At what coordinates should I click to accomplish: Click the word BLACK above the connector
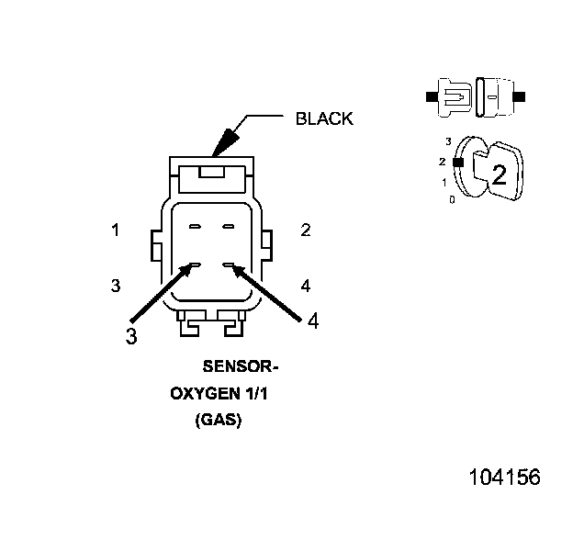coord(323,119)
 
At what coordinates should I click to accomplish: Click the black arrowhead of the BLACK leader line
coord(223,142)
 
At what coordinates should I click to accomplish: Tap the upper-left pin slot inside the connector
coord(195,226)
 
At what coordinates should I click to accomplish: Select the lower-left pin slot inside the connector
coord(195,266)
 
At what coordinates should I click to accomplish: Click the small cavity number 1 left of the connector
coord(116,231)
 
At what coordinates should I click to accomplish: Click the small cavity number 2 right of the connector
coord(306,231)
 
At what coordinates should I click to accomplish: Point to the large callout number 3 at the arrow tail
coord(131,336)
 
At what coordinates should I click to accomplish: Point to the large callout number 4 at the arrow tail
coord(313,321)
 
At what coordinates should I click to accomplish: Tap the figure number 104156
coord(504,478)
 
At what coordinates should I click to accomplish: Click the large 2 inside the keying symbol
coord(499,175)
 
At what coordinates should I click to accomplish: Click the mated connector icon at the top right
coord(475,96)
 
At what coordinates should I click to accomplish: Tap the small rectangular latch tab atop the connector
coord(210,170)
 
